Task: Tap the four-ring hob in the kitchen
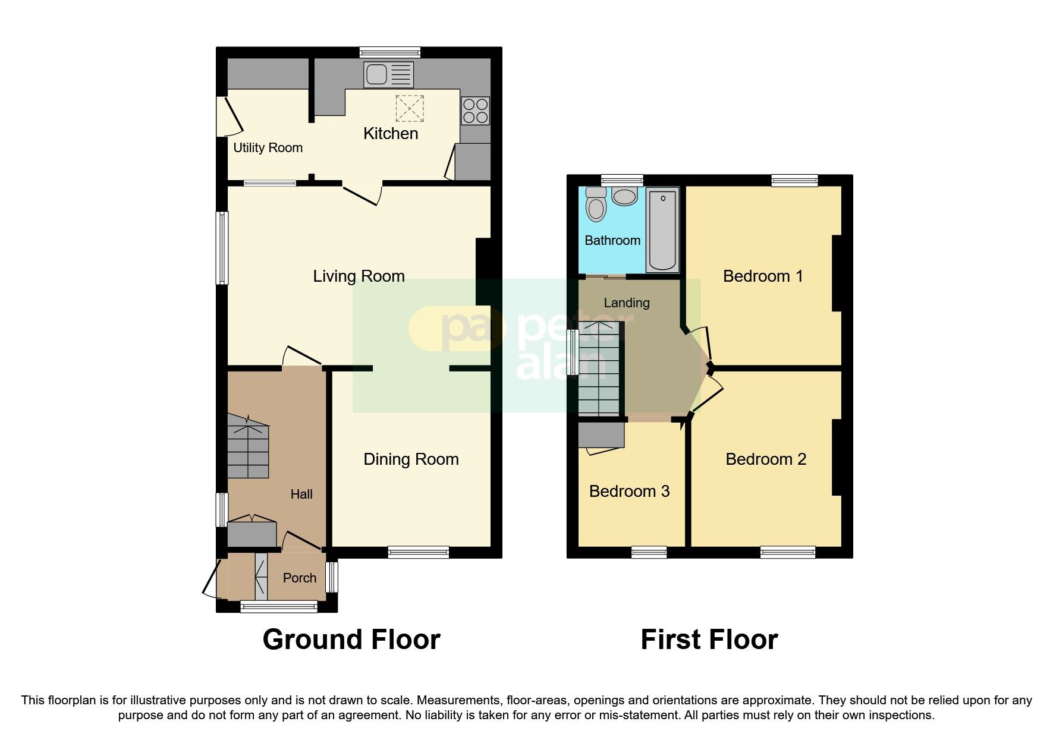pyautogui.click(x=475, y=111)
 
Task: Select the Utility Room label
pyautogui.click(x=268, y=147)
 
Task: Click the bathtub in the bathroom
pyautogui.click(x=662, y=229)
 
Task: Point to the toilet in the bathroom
pyautogui.click(x=595, y=205)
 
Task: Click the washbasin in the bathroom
pyautogui.click(x=624, y=196)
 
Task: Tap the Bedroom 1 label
pyautogui.click(x=763, y=276)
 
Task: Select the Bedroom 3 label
pyautogui.click(x=629, y=491)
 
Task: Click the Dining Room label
pyautogui.click(x=411, y=459)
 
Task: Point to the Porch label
pyautogui.click(x=299, y=578)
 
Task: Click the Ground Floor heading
pyautogui.click(x=351, y=640)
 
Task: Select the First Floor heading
pyautogui.click(x=709, y=640)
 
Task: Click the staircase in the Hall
pyautogui.click(x=248, y=449)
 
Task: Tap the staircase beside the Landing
pyautogui.click(x=599, y=368)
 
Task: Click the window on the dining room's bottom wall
pyautogui.click(x=418, y=552)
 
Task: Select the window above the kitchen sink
pyautogui.click(x=391, y=52)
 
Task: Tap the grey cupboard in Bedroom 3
pyautogui.click(x=601, y=434)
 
